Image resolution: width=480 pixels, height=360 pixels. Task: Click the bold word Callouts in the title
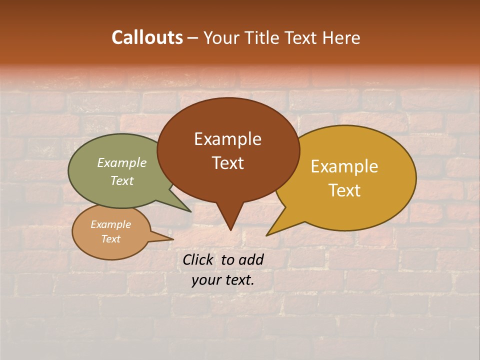147,37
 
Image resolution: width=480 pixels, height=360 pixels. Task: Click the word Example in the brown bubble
227,139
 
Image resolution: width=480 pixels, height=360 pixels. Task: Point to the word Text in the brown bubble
227,162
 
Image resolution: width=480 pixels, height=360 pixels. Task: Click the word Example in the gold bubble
344,166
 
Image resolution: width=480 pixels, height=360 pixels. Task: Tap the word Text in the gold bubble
344,190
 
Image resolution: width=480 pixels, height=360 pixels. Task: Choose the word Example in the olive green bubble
122,162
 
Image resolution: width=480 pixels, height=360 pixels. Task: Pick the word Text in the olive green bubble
122,180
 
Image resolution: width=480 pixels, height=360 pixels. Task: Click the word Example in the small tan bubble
110,224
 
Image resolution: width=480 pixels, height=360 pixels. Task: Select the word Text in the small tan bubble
110,239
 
